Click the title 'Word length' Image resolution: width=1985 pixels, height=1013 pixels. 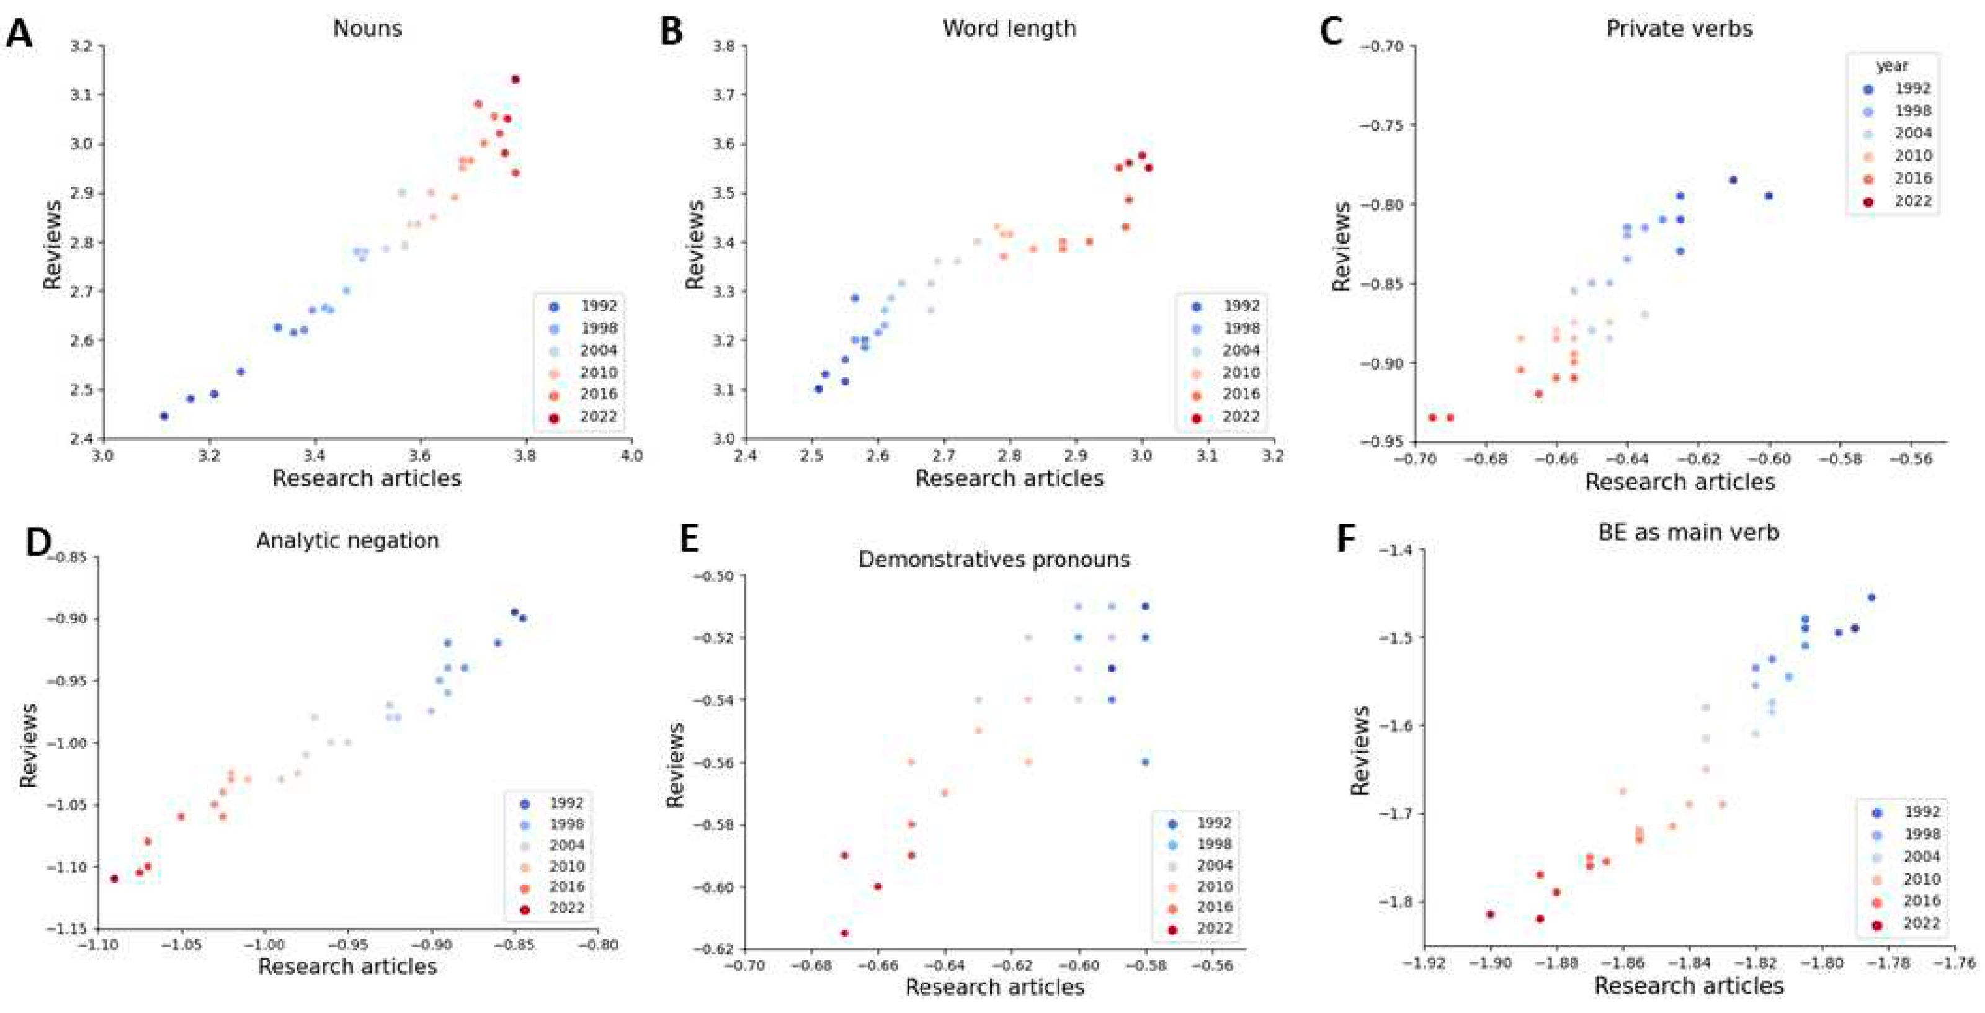pyautogui.click(x=1009, y=29)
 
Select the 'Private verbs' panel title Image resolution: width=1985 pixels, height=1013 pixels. pyautogui.click(x=1679, y=29)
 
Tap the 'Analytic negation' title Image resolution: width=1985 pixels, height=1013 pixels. pyautogui.click(x=347, y=540)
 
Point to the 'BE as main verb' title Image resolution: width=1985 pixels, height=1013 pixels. pyautogui.click(x=1688, y=532)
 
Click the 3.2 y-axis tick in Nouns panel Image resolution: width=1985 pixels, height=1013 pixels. pyautogui.click(x=79, y=47)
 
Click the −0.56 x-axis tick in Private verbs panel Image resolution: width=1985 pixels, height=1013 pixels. pyautogui.click(x=1911, y=459)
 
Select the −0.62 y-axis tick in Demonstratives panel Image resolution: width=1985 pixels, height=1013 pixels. pyautogui.click(x=712, y=949)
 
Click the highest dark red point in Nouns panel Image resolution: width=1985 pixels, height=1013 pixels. pyautogui.click(x=515, y=79)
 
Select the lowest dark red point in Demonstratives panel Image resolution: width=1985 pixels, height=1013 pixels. pyautogui.click(x=844, y=933)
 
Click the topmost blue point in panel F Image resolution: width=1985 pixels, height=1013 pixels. pyautogui.click(x=1871, y=597)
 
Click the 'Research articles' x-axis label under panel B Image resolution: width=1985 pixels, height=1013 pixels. pyautogui.click(x=1009, y=478)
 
